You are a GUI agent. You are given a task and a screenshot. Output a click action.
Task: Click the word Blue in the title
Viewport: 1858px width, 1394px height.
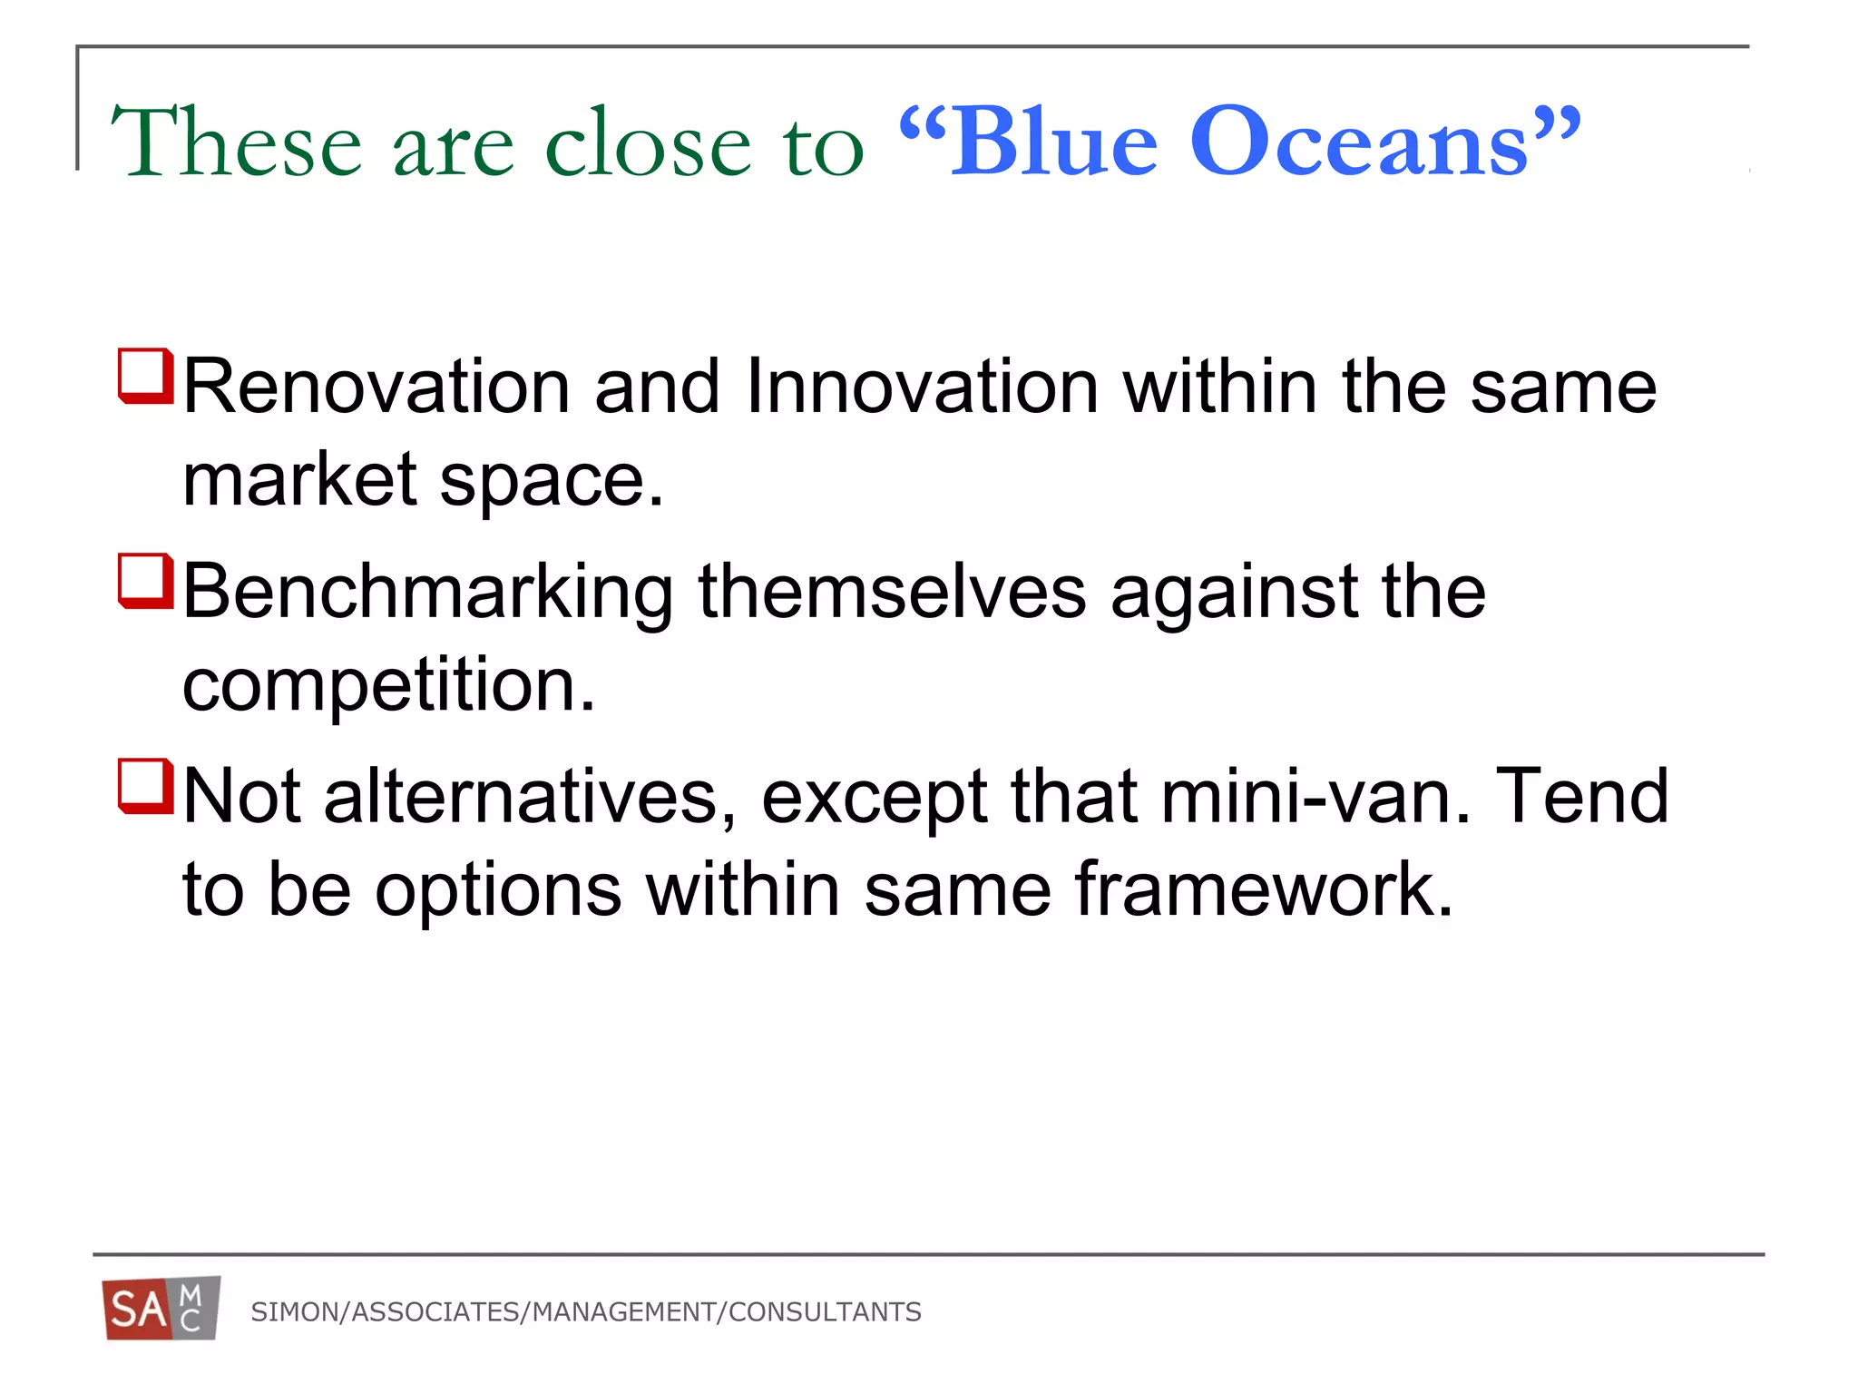tap(1052, 142)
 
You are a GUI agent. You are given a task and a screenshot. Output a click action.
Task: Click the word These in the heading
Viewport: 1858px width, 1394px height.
tap(236, 142)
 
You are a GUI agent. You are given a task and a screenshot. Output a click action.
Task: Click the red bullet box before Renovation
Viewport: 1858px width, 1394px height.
tap(145, 376)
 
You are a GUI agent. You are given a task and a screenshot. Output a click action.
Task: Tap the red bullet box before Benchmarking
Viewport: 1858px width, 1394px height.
tap(145, 581)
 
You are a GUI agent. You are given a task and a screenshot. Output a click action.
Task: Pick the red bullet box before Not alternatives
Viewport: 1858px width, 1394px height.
tap(145, 786)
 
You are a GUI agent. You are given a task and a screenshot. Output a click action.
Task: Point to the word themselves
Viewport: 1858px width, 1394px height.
tap(892, 593)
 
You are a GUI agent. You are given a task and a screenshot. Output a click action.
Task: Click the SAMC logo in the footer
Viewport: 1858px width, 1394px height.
tap(161, 1308)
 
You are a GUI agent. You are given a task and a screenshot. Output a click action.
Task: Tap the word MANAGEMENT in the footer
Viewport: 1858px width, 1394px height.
tap(624, 1312)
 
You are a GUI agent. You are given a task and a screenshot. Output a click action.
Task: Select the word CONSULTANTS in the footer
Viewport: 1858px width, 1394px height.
tap(825, 1312)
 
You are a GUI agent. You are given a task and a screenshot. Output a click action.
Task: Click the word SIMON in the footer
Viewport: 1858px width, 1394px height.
tap(296, 1312)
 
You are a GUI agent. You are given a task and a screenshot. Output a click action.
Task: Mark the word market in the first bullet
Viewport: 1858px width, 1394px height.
tap(300, 481)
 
